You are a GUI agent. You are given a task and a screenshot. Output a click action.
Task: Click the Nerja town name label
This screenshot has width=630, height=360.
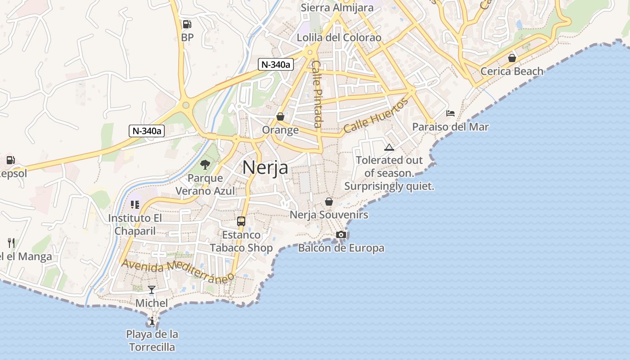click(265, 167)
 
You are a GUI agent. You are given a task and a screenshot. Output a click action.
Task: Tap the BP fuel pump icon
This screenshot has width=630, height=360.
click(187, 24)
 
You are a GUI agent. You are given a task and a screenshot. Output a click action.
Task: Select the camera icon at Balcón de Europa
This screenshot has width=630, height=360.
click(341, 234)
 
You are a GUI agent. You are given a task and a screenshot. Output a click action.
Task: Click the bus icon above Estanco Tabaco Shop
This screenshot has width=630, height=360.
click(241, 221)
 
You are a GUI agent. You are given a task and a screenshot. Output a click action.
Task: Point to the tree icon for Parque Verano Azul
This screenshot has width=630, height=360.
click(205, 165)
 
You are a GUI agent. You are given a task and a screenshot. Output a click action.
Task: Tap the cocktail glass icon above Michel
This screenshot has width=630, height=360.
click(152, 289)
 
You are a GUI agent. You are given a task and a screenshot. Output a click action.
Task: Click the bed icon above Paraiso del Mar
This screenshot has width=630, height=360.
click(450, 113)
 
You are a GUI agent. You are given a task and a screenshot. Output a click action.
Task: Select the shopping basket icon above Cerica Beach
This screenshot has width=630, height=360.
click(512, 58)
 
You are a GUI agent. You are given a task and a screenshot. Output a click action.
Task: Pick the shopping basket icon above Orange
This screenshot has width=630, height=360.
click(280, 117)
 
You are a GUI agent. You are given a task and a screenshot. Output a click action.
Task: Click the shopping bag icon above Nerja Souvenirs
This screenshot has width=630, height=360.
click(329, 202)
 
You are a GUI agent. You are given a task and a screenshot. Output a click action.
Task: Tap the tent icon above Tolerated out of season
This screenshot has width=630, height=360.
click(389, 147)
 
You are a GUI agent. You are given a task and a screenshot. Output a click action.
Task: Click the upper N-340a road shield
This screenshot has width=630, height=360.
click(276, 64)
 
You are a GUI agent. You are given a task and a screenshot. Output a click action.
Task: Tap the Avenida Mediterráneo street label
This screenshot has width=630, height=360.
click(178, 270)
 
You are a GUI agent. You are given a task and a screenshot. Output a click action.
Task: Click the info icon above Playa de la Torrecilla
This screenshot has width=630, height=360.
click(152, 321)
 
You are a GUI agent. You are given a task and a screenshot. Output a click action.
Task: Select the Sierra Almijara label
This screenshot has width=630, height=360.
click(337, 8)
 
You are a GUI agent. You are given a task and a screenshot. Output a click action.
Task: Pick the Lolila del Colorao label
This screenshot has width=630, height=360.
click(339, 37)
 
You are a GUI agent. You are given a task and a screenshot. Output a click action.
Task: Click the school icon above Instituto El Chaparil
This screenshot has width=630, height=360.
click(135, 205)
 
